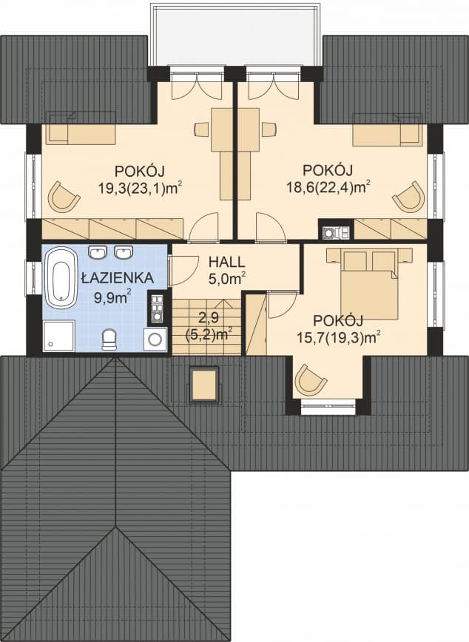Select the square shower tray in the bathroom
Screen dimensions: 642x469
[x=58, y=336]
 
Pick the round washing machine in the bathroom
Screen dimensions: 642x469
[x=155, y=339]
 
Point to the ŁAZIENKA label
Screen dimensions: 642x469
[x=118, y=279]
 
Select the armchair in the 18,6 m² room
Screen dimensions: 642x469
[x=408, y=196]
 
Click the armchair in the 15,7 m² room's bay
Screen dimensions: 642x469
[x=310, y=379]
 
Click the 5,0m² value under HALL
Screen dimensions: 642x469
[x=226, y=279]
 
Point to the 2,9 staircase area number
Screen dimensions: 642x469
[x=208, y=318]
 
